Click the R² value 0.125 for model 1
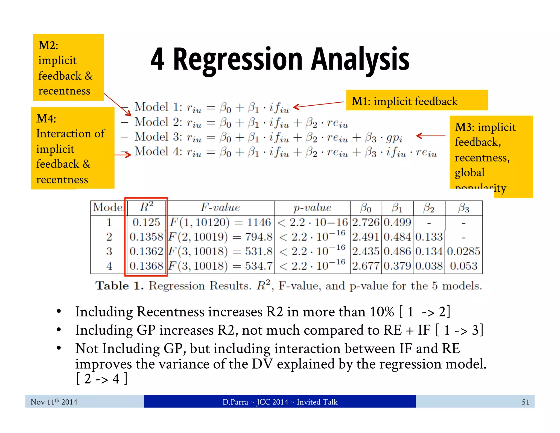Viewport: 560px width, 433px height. tap(146, 222)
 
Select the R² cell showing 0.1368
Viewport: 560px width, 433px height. tap(146, 266)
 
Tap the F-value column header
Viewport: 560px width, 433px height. tap(220, 208)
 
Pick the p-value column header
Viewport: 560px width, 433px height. tap(312, 208)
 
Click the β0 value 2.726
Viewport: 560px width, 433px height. tap(366, 222)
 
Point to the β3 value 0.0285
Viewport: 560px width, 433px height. tap(464, 251)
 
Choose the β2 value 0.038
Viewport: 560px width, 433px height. tap(429, 266)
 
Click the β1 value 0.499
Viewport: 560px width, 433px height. tap(398, 222)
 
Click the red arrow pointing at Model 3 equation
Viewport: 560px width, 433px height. tap(430, 135)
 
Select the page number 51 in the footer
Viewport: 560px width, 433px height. tap(525, 402)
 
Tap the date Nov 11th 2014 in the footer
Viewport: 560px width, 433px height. tap(54, 402)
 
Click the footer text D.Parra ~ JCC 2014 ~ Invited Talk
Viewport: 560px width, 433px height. tap(280, 402)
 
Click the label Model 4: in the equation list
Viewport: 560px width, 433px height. tap(158, 151)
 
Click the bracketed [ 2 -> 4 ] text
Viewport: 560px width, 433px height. tap(101, 379)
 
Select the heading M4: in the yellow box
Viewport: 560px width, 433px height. tap(46, 119)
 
